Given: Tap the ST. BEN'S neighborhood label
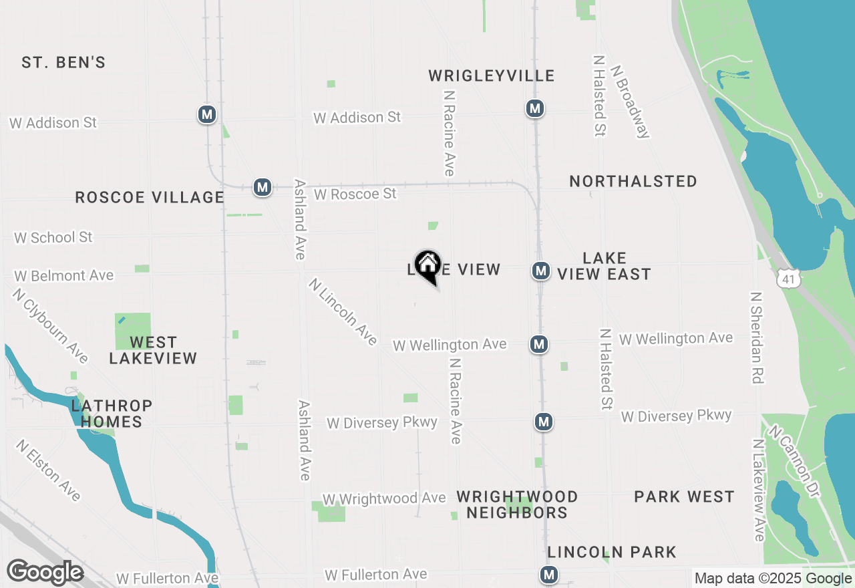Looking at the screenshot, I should point(63,63).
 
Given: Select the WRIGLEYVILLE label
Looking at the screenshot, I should point(492,76).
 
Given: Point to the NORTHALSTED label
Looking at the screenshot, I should point(633,181).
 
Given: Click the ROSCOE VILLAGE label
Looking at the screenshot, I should point(150,197).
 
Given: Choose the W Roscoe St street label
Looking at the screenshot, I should point(355,194).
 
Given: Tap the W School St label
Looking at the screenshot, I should point(53,237).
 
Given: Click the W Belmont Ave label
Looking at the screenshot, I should point(64,275).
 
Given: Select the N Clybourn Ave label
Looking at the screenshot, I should point(51,325).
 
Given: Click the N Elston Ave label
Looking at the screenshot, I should point(49,470).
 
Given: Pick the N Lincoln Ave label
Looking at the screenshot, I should point(343,312).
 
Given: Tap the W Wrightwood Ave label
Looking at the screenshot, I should point(384,498).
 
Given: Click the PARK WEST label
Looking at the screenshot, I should point(684,496).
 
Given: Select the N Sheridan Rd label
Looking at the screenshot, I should point(756,337).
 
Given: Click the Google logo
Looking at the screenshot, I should point(45,573).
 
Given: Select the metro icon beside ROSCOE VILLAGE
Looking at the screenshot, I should point(263,187).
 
